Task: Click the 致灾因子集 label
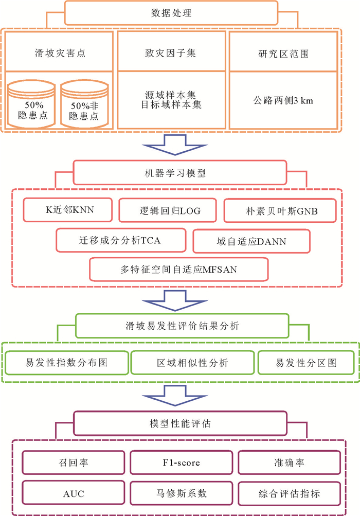click(x=173, y=53)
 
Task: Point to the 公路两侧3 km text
click(x=284, y=100)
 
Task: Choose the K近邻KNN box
click(x=69, y=210)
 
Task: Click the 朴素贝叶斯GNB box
click(x=280, y=210)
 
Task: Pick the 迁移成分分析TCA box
click(x=121, y=240)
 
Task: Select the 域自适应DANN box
click(x=251, y=240)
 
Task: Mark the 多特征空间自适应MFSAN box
click(x=179, y=269)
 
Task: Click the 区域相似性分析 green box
click(x=192, y=363)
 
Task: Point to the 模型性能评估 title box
click(x=179, y=424)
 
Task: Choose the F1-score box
click(x=179, y=462)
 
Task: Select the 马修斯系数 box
click(x=179, y=493)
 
